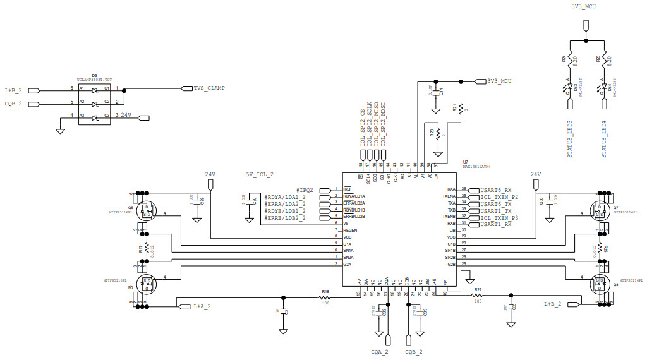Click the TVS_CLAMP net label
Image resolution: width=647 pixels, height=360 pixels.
pyautogui.click(x=209, y=88)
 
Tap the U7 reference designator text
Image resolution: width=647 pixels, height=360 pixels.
pyautogui.click(x=466, y=162)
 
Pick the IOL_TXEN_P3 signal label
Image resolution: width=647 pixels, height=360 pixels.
pyautogui.click(x=499, y=217)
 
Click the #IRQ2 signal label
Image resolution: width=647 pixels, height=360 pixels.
pyautogui.click(x=305, y=190)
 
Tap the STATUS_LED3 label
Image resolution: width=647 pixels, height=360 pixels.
pyautogui.click(x=570, y=136)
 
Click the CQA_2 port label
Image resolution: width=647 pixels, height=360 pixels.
pyautogui.click(x=380, y=351)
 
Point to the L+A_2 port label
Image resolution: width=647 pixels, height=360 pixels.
pyautogui.click(x=202, y=306)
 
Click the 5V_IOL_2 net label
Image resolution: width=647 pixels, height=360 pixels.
pyautogui.click(x=259, y=174)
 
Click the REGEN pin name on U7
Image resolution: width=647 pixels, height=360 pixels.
pyautogui.click(x=351, y=230)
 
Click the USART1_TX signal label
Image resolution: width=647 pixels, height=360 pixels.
pyautogui.click(x=496, y=210)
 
